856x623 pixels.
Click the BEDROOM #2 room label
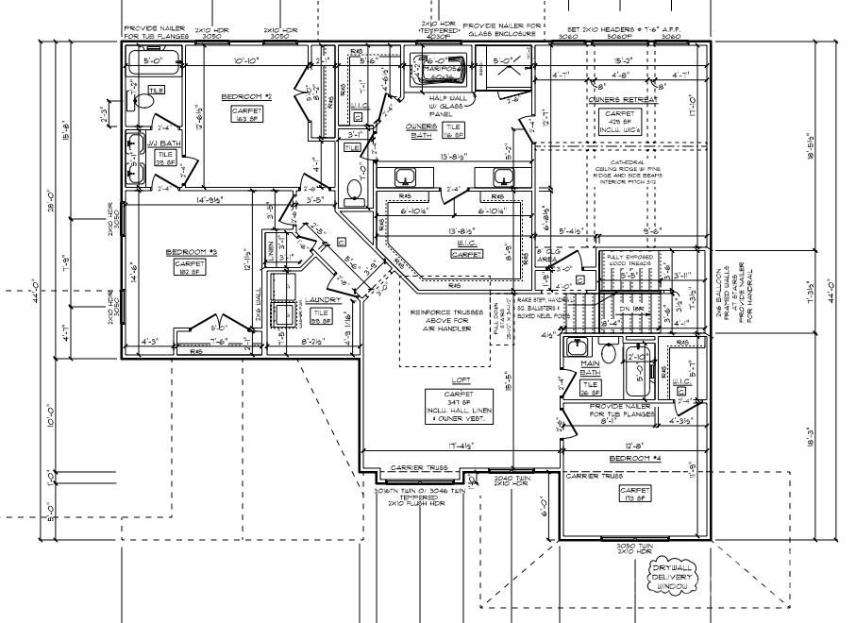pyautogui.click(x=246, y=97)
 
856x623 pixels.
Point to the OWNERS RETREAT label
pyautogui.click(x=623, y=99)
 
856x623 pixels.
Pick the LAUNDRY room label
pyautogui.click(x=324, y=300)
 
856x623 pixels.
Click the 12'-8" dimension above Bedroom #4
pyautogui.click(x=632, y=446)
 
